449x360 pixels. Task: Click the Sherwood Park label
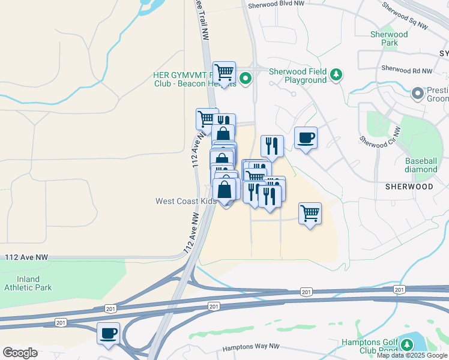point(389,38)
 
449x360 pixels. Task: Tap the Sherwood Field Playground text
point(297,76)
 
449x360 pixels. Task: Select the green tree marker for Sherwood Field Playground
point(337,74)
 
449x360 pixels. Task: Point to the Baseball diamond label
point(421,165)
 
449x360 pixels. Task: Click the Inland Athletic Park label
point(28,283)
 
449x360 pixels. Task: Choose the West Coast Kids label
point(185,201)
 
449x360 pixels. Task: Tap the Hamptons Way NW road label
point(251,347)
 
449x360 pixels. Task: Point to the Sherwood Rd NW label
point(406,70)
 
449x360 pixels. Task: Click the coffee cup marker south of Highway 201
point(108,333)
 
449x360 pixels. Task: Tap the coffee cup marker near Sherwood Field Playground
point(306,138)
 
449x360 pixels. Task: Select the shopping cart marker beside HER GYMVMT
point(224,73)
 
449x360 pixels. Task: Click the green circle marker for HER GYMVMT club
point(246,78)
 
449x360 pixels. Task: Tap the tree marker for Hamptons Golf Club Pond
point(407,344)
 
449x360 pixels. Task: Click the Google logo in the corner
point(20,353)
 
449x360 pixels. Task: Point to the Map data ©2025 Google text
point(412,356)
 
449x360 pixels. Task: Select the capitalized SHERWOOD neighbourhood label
point(409,187)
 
